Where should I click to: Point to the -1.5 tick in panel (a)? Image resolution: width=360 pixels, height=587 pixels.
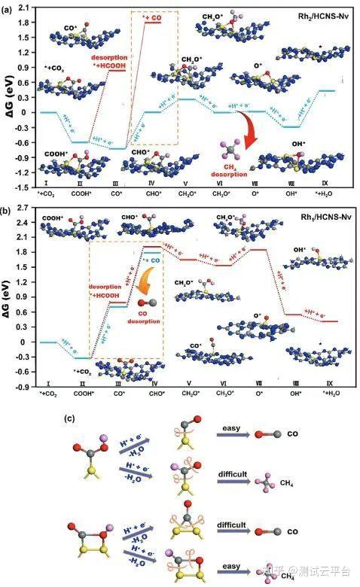click(x=24, y=187)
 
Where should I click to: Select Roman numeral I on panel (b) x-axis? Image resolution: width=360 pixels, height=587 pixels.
click(x=48, y=383)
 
